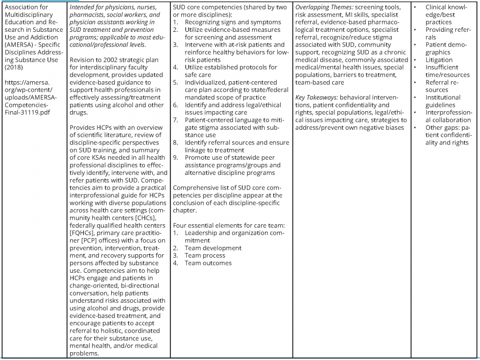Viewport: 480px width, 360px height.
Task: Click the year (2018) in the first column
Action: tap(13, 67)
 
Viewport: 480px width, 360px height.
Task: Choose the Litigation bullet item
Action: tap(439, 60)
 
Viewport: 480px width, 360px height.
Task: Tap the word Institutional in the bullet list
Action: tap(443, 97)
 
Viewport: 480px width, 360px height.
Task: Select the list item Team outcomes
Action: tap(208, 263)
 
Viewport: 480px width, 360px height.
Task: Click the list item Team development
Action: tap(213, 248)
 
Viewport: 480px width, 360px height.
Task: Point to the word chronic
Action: tap(394, 52)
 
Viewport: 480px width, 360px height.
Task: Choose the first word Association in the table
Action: tap(23, 7)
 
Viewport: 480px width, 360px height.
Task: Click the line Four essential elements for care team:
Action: tap(229, 225)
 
